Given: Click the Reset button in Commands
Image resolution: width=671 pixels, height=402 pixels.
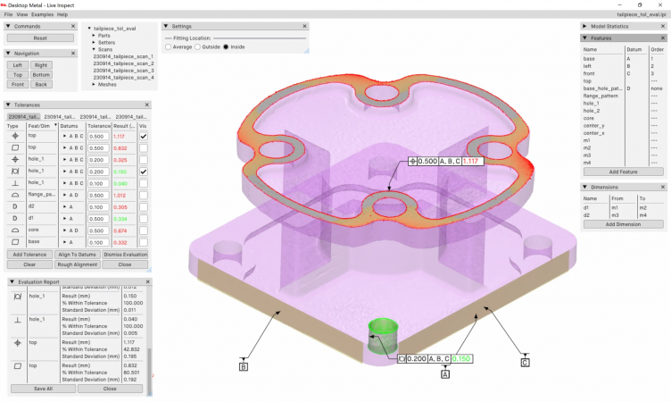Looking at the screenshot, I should pos(40,38).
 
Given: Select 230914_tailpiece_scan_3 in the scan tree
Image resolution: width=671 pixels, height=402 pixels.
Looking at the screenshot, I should pos(123,71).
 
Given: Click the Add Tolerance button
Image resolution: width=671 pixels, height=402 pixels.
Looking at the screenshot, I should pos(29,255).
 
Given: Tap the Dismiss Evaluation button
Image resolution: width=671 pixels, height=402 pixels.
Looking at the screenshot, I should pos(125,255).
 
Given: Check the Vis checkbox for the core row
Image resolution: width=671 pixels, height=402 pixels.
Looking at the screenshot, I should pos(143,230).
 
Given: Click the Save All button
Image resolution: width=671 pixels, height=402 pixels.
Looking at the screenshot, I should pos(43,389).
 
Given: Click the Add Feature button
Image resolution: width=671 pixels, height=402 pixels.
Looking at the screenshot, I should pos(622,171).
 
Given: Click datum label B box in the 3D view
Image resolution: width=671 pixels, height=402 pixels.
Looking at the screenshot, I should pos(244,365).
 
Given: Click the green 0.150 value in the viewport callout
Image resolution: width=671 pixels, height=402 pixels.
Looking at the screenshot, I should pos(459,358).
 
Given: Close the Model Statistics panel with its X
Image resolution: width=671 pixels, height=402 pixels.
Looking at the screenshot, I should pos(662,26).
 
